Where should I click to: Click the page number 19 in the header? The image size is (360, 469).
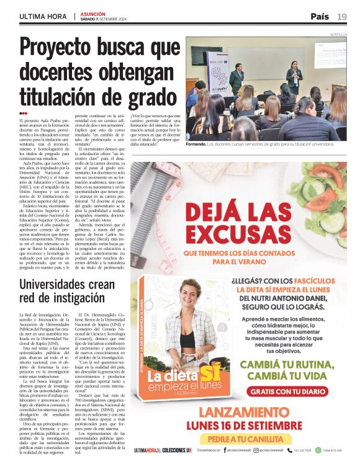[342, 17]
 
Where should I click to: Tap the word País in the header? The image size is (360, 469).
[320, 17]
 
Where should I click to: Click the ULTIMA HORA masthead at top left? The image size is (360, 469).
[43, 17]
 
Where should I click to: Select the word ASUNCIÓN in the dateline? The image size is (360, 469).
[93, 14]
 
